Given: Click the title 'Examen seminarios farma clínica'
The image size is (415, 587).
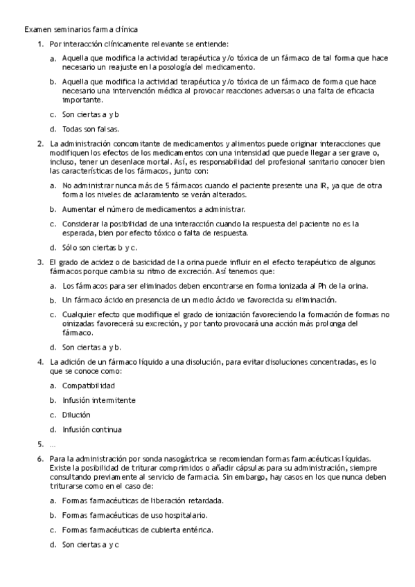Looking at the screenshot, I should pyautogui.click(x=81, y=30).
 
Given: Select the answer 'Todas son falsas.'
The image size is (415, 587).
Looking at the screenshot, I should pyautogui.click(x=91, y=129).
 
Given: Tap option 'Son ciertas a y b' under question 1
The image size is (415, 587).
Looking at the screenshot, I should pyautogui.click(x=91, y=114).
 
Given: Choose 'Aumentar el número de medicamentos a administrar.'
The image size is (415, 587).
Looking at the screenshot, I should pyautogui.click(x=153, y=208).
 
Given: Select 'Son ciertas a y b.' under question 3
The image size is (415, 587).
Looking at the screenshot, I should pyautogui.click(x=92, y=347).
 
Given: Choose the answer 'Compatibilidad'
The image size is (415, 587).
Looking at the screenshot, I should pyautogui.click(x=89, y=386).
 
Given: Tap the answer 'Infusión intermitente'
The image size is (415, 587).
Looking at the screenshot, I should pyautogui.click(x=98, y=400).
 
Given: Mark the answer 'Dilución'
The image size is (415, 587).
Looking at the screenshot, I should pyautogui.click(x=76, y=415).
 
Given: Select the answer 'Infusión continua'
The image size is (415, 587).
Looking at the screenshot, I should pyautogui.click(x=91, y=429).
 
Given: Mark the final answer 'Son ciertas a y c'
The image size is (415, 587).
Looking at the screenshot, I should pyautogui.click(x=91, y=545).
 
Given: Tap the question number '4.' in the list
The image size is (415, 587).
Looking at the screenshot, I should pyautogui.click(x=40, y=361).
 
